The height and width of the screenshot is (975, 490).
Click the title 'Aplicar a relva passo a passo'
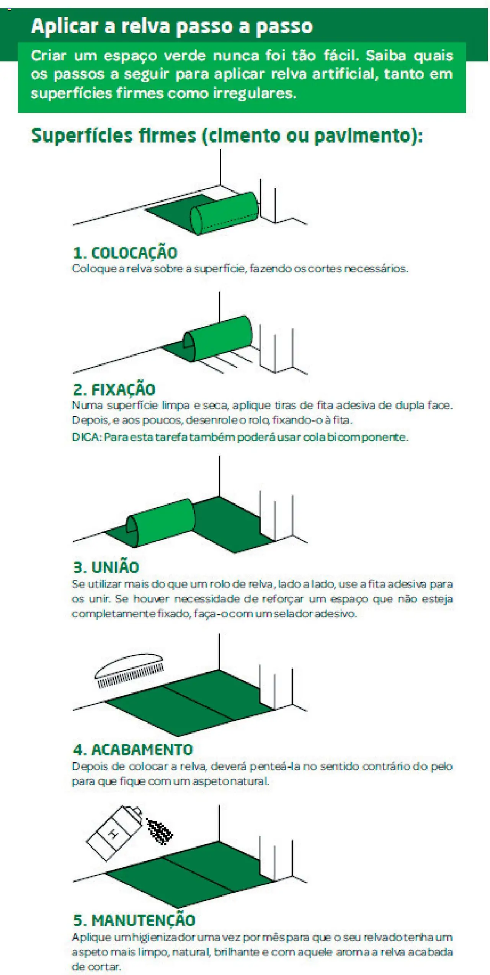[x=171, y=26]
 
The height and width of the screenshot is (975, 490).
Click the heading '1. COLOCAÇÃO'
[x=125, y=253]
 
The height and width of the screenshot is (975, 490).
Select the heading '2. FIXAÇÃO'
[x=114, y=389]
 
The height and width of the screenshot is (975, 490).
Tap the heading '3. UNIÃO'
[x=106, y=567]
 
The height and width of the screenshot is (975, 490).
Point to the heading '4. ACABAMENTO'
[x=133, y=749]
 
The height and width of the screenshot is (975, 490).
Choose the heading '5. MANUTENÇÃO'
[x=134, y=920]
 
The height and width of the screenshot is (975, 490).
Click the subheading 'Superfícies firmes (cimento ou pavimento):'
[x=227, y=136]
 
